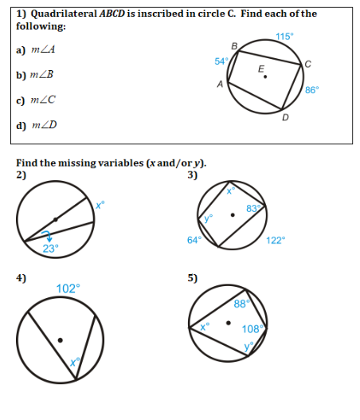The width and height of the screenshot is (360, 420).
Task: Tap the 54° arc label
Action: [x=221, y=61]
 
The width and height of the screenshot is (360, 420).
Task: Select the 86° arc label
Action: [x=312, y=90]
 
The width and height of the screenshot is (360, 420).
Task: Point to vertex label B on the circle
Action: [x=233, y=47]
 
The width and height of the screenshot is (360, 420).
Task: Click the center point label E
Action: [x=260, y=69]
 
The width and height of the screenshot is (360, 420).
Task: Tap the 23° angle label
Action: [x=50, y=248]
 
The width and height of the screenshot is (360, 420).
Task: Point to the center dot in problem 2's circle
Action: [x=55, y=218]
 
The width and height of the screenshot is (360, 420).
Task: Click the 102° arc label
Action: [x=67, y=289]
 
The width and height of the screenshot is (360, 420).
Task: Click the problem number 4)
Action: [x=22, y=277]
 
